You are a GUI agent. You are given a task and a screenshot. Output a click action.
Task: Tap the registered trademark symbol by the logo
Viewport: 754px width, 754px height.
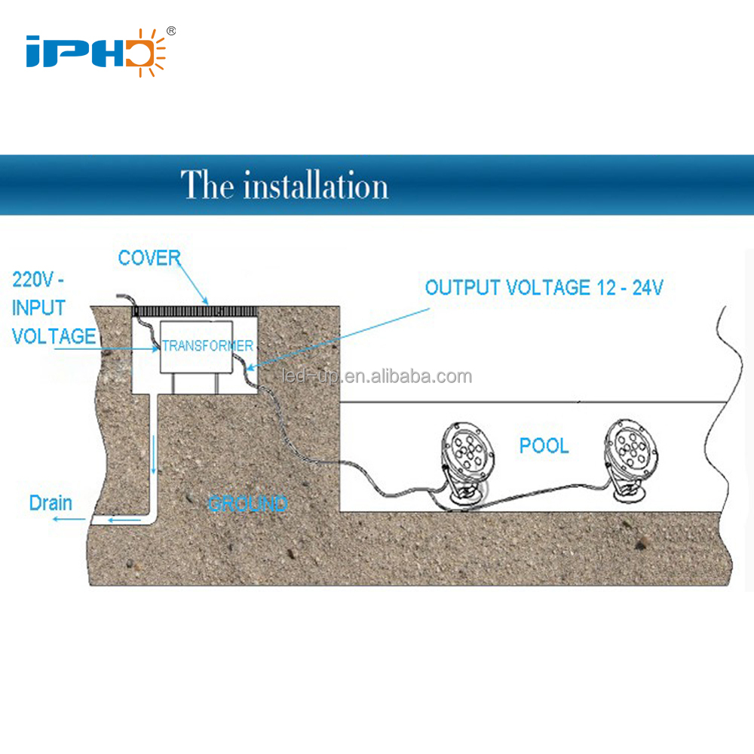click(171, 31)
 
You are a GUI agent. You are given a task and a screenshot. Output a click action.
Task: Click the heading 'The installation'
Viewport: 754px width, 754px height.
click(284, 185)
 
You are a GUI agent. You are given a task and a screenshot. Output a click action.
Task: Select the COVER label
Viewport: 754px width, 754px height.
click(149, 258)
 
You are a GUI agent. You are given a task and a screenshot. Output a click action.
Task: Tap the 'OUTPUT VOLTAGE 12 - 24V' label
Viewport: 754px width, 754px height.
click(544, 287)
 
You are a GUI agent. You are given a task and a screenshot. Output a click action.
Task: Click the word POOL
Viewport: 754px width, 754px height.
click(544, 446)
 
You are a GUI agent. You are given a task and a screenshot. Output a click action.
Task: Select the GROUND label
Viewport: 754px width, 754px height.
click(247, 503)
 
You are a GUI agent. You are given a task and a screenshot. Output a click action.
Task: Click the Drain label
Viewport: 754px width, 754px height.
click(51, 502)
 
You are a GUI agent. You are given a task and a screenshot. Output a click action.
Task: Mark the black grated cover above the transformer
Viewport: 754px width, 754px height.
click(197, 310)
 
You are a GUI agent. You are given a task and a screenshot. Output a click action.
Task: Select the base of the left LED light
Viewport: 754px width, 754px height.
click(464, 498)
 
